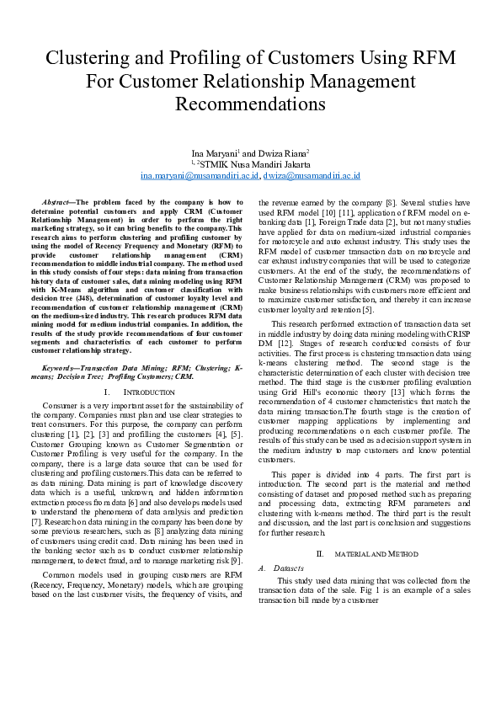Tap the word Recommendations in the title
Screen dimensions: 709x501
250,104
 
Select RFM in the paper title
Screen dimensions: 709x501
429,58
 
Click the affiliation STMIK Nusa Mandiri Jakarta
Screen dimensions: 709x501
254,165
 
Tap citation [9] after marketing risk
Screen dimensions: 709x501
237,560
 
